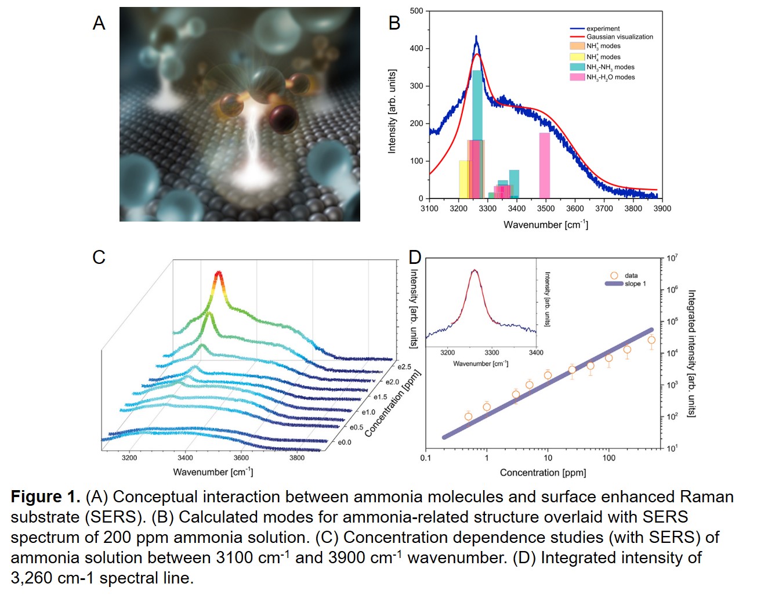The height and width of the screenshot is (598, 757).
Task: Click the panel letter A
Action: click(99, 23)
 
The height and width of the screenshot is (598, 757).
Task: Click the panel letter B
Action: click(394, 23)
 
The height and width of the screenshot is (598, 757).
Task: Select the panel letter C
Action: click(99, 257)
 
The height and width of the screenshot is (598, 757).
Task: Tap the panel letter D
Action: click(415, 257)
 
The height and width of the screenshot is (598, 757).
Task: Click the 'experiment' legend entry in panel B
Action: click(603, 28)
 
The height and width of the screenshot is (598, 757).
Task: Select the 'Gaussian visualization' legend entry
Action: click(619, 37)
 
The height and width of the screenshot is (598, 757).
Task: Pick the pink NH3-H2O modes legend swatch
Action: click(577, 77)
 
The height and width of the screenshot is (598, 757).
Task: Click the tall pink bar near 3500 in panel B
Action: click(544, 165)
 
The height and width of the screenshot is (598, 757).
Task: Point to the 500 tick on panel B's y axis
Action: click(416, 11)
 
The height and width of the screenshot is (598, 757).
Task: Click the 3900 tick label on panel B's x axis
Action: click(662, 209)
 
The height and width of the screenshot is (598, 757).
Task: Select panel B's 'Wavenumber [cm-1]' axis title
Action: click(545, 224)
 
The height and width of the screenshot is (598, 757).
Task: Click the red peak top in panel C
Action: click(219, 273)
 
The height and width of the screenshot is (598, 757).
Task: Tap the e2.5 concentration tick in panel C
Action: click(404, 367)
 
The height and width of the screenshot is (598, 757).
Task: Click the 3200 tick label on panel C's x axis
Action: click(129, 458)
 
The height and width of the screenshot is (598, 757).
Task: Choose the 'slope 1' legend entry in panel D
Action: click(635, 284)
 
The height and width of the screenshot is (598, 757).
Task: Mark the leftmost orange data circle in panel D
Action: click(468, 416)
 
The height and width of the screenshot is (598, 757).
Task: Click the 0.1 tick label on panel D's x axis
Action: click(426, 458)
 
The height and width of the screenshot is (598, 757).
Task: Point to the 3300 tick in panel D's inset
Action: click(491, 353)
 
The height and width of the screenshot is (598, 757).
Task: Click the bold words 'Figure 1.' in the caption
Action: click(45, 497)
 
